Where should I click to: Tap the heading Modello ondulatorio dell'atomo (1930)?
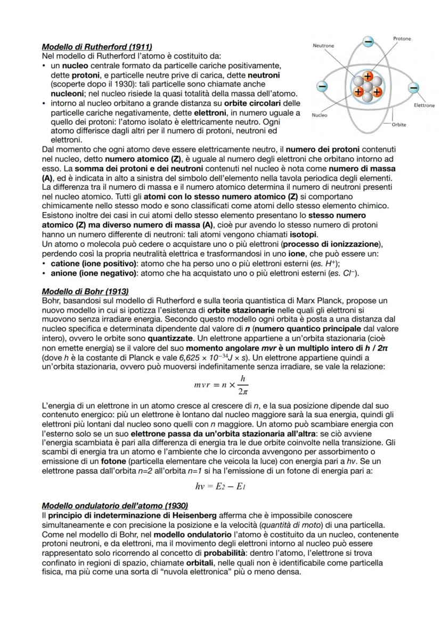(115, 505)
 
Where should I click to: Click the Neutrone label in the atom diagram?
(323, 46)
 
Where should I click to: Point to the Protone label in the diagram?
(402, 39)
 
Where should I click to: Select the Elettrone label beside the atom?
(424, 106)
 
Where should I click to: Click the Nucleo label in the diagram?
(320, 115)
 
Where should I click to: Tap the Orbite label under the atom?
(398, 125)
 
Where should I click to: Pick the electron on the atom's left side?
(322, 86)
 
